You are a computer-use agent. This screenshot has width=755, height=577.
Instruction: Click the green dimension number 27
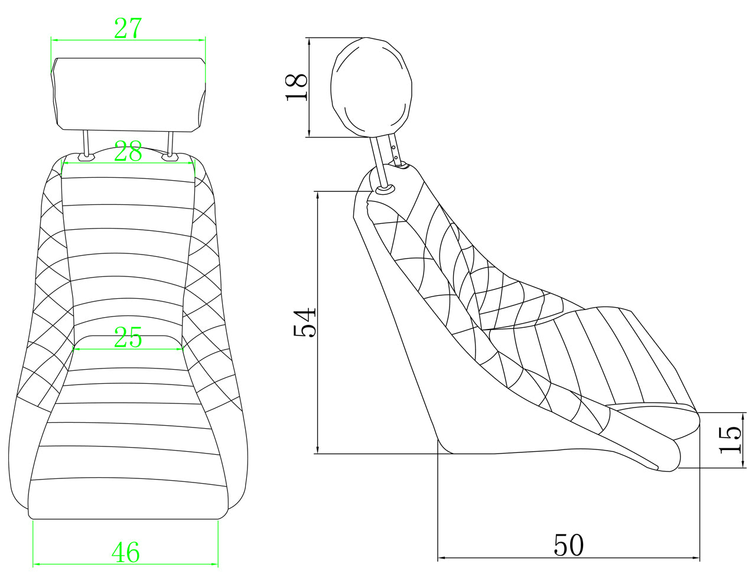[x=128, y=28]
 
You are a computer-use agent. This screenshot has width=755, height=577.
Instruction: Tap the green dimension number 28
[x=128, y=151]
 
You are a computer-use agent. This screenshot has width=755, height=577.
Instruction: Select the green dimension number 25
[x=128, y=337]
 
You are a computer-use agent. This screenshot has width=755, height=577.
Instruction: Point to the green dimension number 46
[x=126, y=552]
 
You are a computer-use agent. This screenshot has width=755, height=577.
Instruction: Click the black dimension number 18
[x=297, y=87]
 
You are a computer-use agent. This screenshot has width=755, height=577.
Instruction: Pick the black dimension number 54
[x=304, y=322]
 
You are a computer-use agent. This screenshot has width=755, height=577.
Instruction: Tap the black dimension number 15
[x=730, y=440]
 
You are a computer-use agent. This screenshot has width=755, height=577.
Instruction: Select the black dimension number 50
[x=568, y=545]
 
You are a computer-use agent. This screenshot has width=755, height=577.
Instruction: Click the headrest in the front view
[x=128, y=94]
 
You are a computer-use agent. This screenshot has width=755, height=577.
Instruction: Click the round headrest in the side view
[x=372, y=86]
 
